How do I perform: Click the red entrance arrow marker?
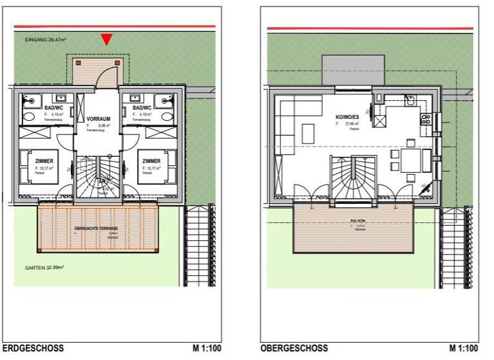(x=107, y=40)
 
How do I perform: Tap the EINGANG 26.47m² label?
(x=47, y=40)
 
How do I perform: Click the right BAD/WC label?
(x=142, y=108)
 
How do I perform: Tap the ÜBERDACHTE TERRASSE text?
(x=97, y=228)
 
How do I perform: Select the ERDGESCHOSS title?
(x=38, y=348)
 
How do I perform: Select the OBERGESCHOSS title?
(x=288, y=348)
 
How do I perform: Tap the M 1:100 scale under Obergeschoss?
(x=464, y=348)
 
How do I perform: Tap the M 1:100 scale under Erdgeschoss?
(x=208, y=348)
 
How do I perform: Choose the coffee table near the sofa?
(x=308, y=134)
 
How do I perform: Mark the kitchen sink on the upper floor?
(x=410, y=100)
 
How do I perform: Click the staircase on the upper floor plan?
(x=351, y=180)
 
